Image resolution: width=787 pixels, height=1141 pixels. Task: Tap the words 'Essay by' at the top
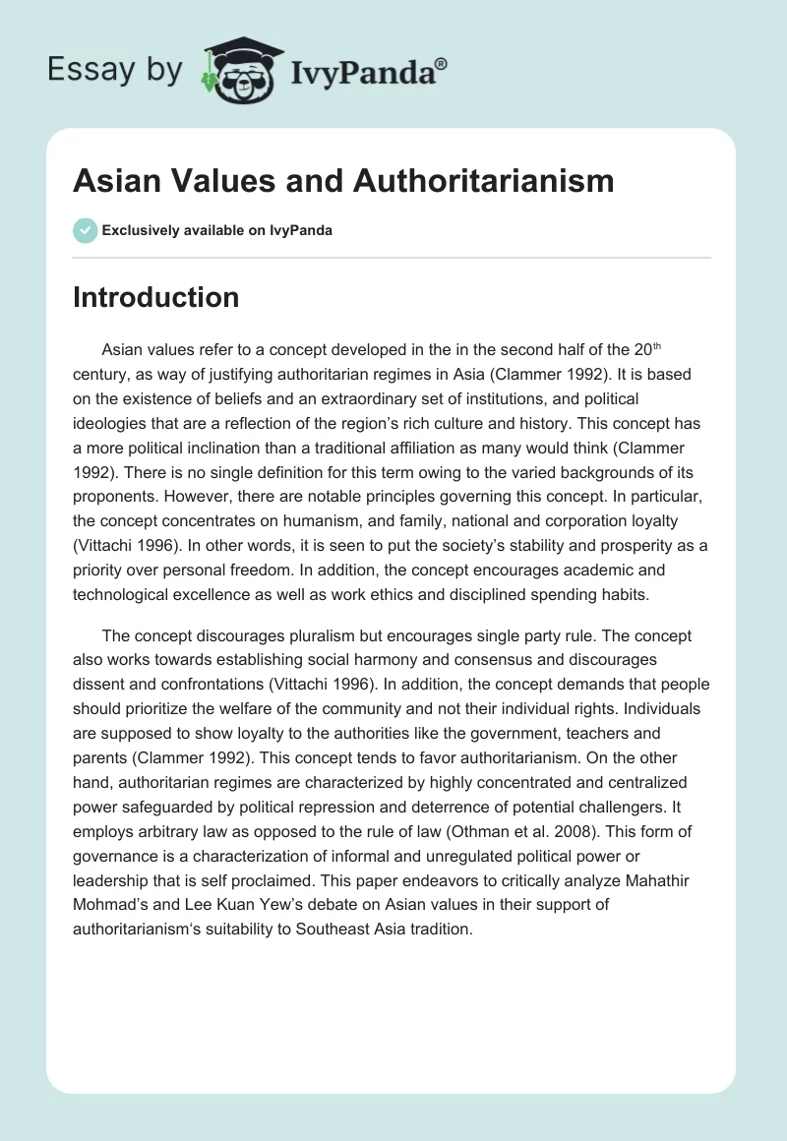pos(116,69)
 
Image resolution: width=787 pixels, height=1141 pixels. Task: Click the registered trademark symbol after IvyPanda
pos(442,63)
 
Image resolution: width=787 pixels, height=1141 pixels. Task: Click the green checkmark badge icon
pos(84,230)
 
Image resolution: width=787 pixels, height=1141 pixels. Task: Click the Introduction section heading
pos(155,297)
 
